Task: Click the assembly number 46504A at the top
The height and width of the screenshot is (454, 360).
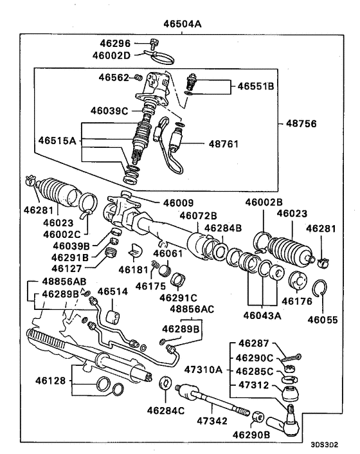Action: click(182, 24)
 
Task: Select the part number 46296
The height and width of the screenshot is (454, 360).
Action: click(114, 44)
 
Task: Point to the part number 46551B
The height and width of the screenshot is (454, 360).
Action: click(256, 86)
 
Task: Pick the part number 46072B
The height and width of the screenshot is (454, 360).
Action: click(198, 215)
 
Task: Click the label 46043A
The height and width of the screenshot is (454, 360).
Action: click(263, 315)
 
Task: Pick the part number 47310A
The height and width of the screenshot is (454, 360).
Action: click(203, 370)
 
